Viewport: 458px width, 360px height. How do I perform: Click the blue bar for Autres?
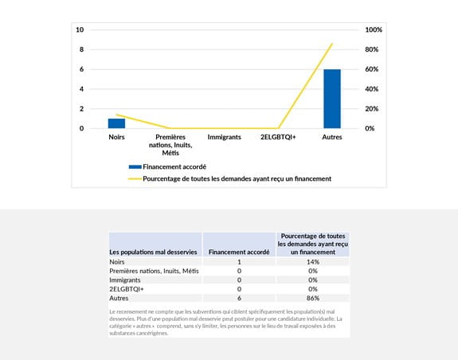point(332,99)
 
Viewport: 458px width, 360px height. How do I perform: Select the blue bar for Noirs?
point(116,123)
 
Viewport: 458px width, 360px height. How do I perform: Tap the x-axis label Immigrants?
point(224,137)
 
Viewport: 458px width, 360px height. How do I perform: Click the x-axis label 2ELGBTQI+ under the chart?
point(278,137)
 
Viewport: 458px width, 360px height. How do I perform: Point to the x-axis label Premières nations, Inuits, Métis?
point(170,145)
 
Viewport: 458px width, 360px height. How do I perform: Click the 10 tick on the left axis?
point(80,29)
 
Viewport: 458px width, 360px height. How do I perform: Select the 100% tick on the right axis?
point(374,29)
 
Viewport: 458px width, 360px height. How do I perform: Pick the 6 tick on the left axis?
point(80,69)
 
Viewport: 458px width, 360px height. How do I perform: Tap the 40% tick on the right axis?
point(372,89)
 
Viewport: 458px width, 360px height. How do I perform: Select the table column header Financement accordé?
point(239,252)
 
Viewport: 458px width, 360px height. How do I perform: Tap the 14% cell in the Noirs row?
point(313,262)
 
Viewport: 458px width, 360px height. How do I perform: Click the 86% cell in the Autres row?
point(313,297)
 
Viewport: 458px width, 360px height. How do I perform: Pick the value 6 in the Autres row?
point(239,297)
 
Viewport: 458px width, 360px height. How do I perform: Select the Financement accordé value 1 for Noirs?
point(239,262)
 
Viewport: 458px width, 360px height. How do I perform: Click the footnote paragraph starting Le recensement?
point(228,322)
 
